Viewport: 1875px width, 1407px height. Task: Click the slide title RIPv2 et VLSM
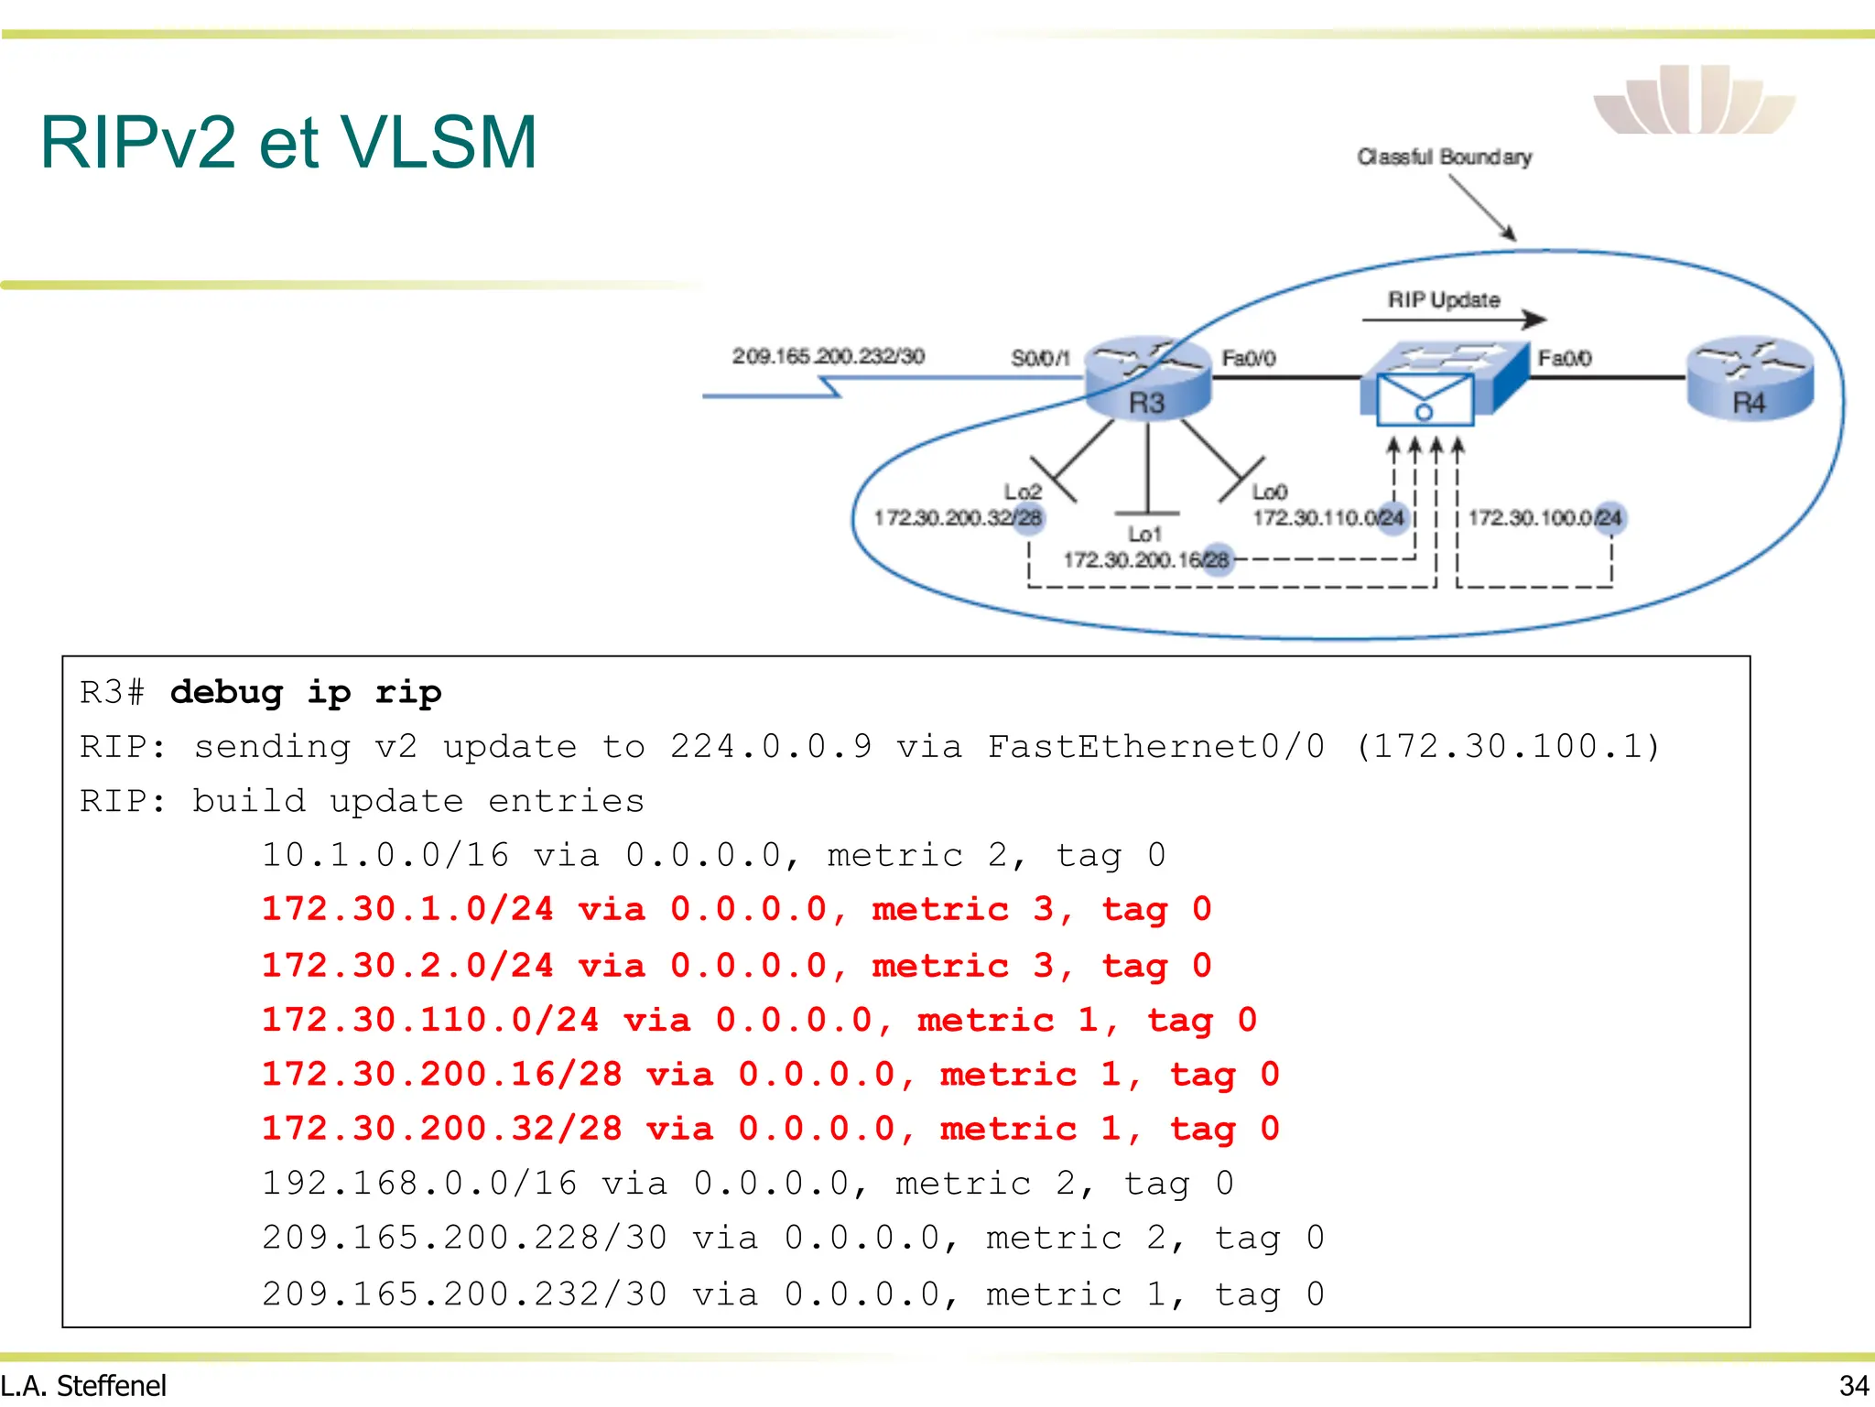288,143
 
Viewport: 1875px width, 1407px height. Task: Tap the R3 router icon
1147,379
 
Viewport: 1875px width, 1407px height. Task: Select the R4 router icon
1749,379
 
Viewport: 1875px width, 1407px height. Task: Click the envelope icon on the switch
1425,400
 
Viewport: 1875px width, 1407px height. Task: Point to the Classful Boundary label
1444,157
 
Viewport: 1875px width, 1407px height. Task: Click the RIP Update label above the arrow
1443,300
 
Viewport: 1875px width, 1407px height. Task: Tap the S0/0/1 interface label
1039,358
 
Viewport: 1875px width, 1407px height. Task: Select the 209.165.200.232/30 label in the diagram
828,356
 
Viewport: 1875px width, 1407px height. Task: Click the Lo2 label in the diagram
1022,492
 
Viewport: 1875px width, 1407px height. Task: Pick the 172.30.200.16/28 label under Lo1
1145,559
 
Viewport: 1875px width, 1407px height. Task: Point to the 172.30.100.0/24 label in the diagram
1544,518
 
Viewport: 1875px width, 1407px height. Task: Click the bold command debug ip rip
306,693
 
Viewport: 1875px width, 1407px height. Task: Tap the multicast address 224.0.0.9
770,747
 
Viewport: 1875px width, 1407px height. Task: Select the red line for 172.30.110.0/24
759,1020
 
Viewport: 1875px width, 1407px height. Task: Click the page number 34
1853,1386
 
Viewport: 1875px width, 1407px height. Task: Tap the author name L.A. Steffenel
83,1386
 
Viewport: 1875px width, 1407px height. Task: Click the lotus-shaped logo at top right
1694,101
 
